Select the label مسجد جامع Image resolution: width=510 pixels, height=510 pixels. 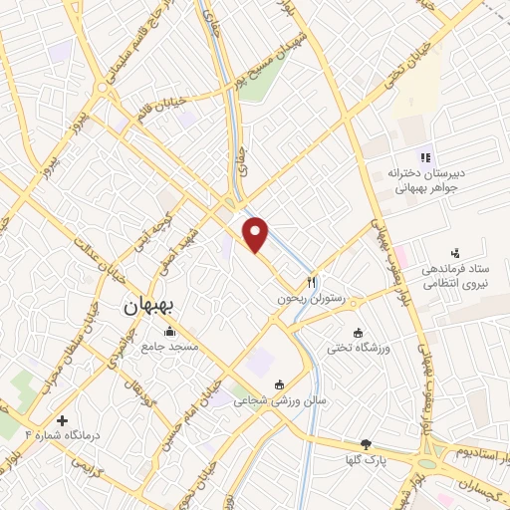pos(169,346)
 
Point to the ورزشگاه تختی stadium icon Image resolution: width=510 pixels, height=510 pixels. pos(359,332)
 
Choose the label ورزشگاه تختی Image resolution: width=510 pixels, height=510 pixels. pos(360,347)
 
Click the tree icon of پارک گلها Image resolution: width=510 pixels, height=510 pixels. pos(366,443)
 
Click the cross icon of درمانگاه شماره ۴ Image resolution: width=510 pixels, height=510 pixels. pos(64,421)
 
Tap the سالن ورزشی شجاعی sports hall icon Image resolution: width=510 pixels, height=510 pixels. pos(279,385)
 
